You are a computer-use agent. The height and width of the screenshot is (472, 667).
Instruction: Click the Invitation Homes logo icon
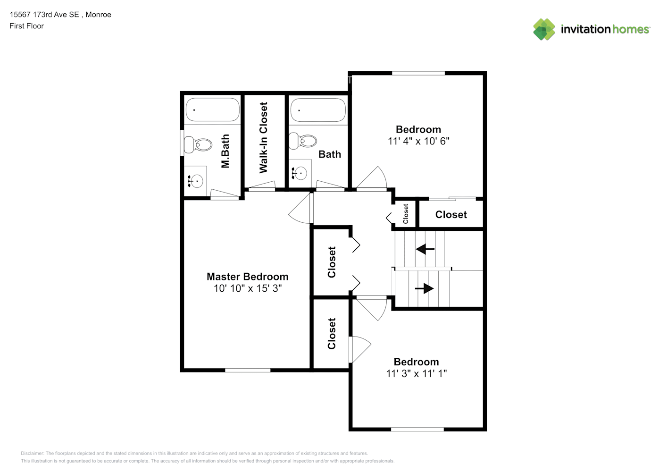[x=544, y=29]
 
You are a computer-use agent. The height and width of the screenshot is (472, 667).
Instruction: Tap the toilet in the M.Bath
[x=198, y=144]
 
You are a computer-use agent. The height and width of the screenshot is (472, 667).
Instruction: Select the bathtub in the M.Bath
[x=213, y=110]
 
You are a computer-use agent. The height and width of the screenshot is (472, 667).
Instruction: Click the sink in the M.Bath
[x=196, y=181]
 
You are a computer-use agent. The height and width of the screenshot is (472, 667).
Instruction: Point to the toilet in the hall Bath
[x=302, y=141]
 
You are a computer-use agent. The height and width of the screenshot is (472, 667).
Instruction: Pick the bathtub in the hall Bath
[x=318, y=110]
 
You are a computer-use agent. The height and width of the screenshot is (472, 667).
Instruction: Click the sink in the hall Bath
[x=300, y=173]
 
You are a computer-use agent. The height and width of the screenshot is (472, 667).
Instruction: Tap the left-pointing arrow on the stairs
[x=425, y=249]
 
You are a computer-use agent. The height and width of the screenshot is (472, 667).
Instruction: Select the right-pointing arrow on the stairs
[x=425, y=288]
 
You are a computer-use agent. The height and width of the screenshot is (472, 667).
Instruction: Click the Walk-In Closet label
[x=263, y=137]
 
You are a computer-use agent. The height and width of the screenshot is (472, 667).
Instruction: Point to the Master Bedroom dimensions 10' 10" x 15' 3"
[x=248, y=288]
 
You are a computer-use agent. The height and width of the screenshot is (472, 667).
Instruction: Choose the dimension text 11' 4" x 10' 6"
[x=418, y=141]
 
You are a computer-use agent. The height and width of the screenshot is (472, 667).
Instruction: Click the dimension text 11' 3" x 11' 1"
[x=417, y=373]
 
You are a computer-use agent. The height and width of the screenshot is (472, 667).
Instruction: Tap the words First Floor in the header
[x=26, y=26]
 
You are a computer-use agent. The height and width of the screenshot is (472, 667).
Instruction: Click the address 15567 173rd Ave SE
[x=44, y=15]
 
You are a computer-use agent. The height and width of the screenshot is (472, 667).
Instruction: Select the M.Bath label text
[x=225, y=151]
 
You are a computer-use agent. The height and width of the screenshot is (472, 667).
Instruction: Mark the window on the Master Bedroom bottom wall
[x=248, y=370]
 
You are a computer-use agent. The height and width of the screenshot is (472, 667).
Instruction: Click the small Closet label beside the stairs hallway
[x=406, y=214]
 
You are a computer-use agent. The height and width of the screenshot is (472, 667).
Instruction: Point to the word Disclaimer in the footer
[x=33, y=453]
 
